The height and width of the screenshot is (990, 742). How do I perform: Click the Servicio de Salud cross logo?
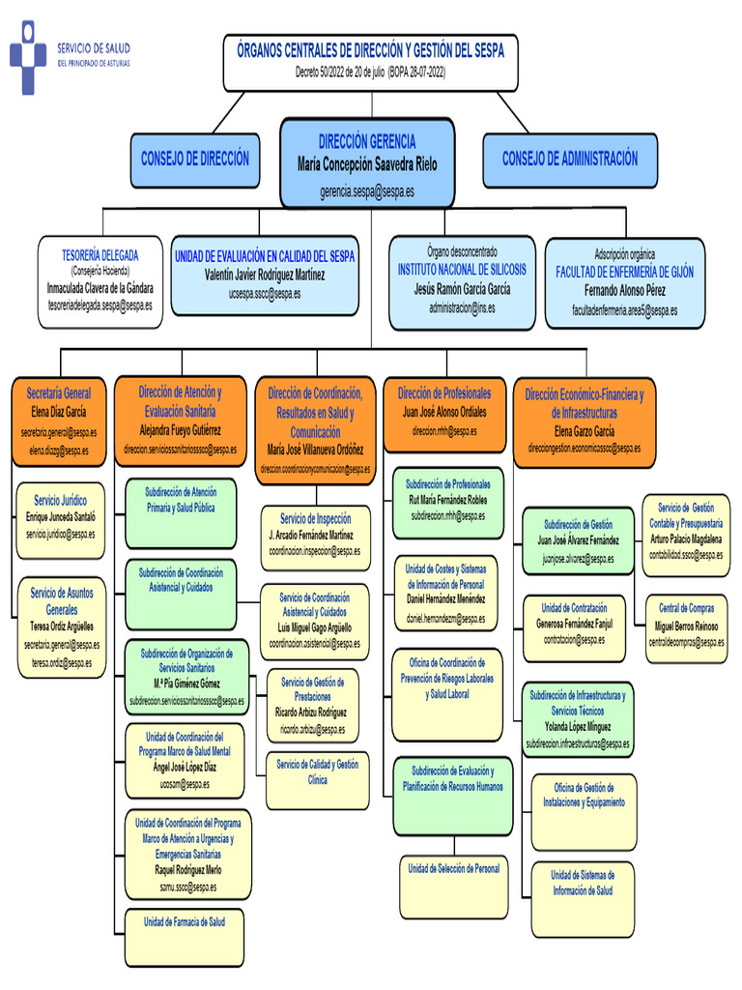coord(28,57)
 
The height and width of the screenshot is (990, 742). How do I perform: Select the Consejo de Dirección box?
coord(195,160)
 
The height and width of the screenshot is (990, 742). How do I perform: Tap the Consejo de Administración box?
coord(569,159)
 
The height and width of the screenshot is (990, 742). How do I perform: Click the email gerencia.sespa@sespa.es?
coord(367,192)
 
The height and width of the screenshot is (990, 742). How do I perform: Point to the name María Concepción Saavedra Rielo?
coord(367,165)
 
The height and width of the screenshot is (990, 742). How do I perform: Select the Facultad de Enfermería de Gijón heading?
coord(624,273)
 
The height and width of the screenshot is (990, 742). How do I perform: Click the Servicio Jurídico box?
coord(60,520)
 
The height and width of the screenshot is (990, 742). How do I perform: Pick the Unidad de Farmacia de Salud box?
coord(184,921)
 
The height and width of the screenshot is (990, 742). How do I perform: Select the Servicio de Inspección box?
coord(315,534)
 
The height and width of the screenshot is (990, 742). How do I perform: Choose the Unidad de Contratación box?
coord(574,627)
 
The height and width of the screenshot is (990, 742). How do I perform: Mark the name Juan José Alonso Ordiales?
coord(444,412)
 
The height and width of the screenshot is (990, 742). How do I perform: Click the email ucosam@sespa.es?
coord(185,784)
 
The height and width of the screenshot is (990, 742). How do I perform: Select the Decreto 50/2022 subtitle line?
coord(371,73)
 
